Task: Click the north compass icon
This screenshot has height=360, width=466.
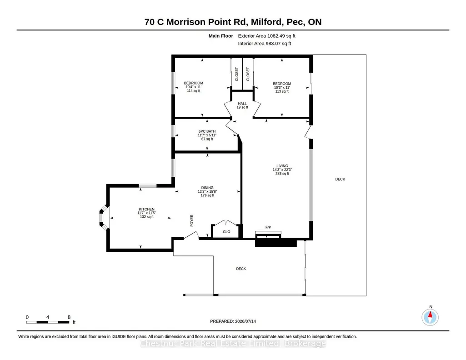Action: point(430,317)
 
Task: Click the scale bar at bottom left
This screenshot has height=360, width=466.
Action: point(48,322)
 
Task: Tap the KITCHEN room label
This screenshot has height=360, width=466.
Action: point(146,209)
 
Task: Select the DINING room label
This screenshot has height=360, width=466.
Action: point(207,188)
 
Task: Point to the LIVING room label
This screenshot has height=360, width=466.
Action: point(282,166)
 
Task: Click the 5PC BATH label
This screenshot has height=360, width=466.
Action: point(207,131)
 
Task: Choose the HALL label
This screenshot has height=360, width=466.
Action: point(242,104)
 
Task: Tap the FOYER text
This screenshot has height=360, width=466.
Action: point(192,221)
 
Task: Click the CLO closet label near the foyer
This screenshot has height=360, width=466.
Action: point(226,232)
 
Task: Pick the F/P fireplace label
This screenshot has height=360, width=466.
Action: point(268,227)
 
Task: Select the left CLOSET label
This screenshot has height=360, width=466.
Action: point(236,74)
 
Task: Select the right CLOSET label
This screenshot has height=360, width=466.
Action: point(248,74)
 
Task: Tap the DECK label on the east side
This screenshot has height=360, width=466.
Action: point(340,179)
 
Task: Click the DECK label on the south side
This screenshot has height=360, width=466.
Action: point(241,269)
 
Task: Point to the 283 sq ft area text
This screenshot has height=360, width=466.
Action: point(282,174)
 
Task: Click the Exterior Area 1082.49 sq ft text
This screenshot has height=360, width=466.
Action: point(266,36)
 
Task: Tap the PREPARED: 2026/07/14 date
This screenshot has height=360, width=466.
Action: point(233,321)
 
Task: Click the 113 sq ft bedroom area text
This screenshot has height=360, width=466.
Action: point(282,91)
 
